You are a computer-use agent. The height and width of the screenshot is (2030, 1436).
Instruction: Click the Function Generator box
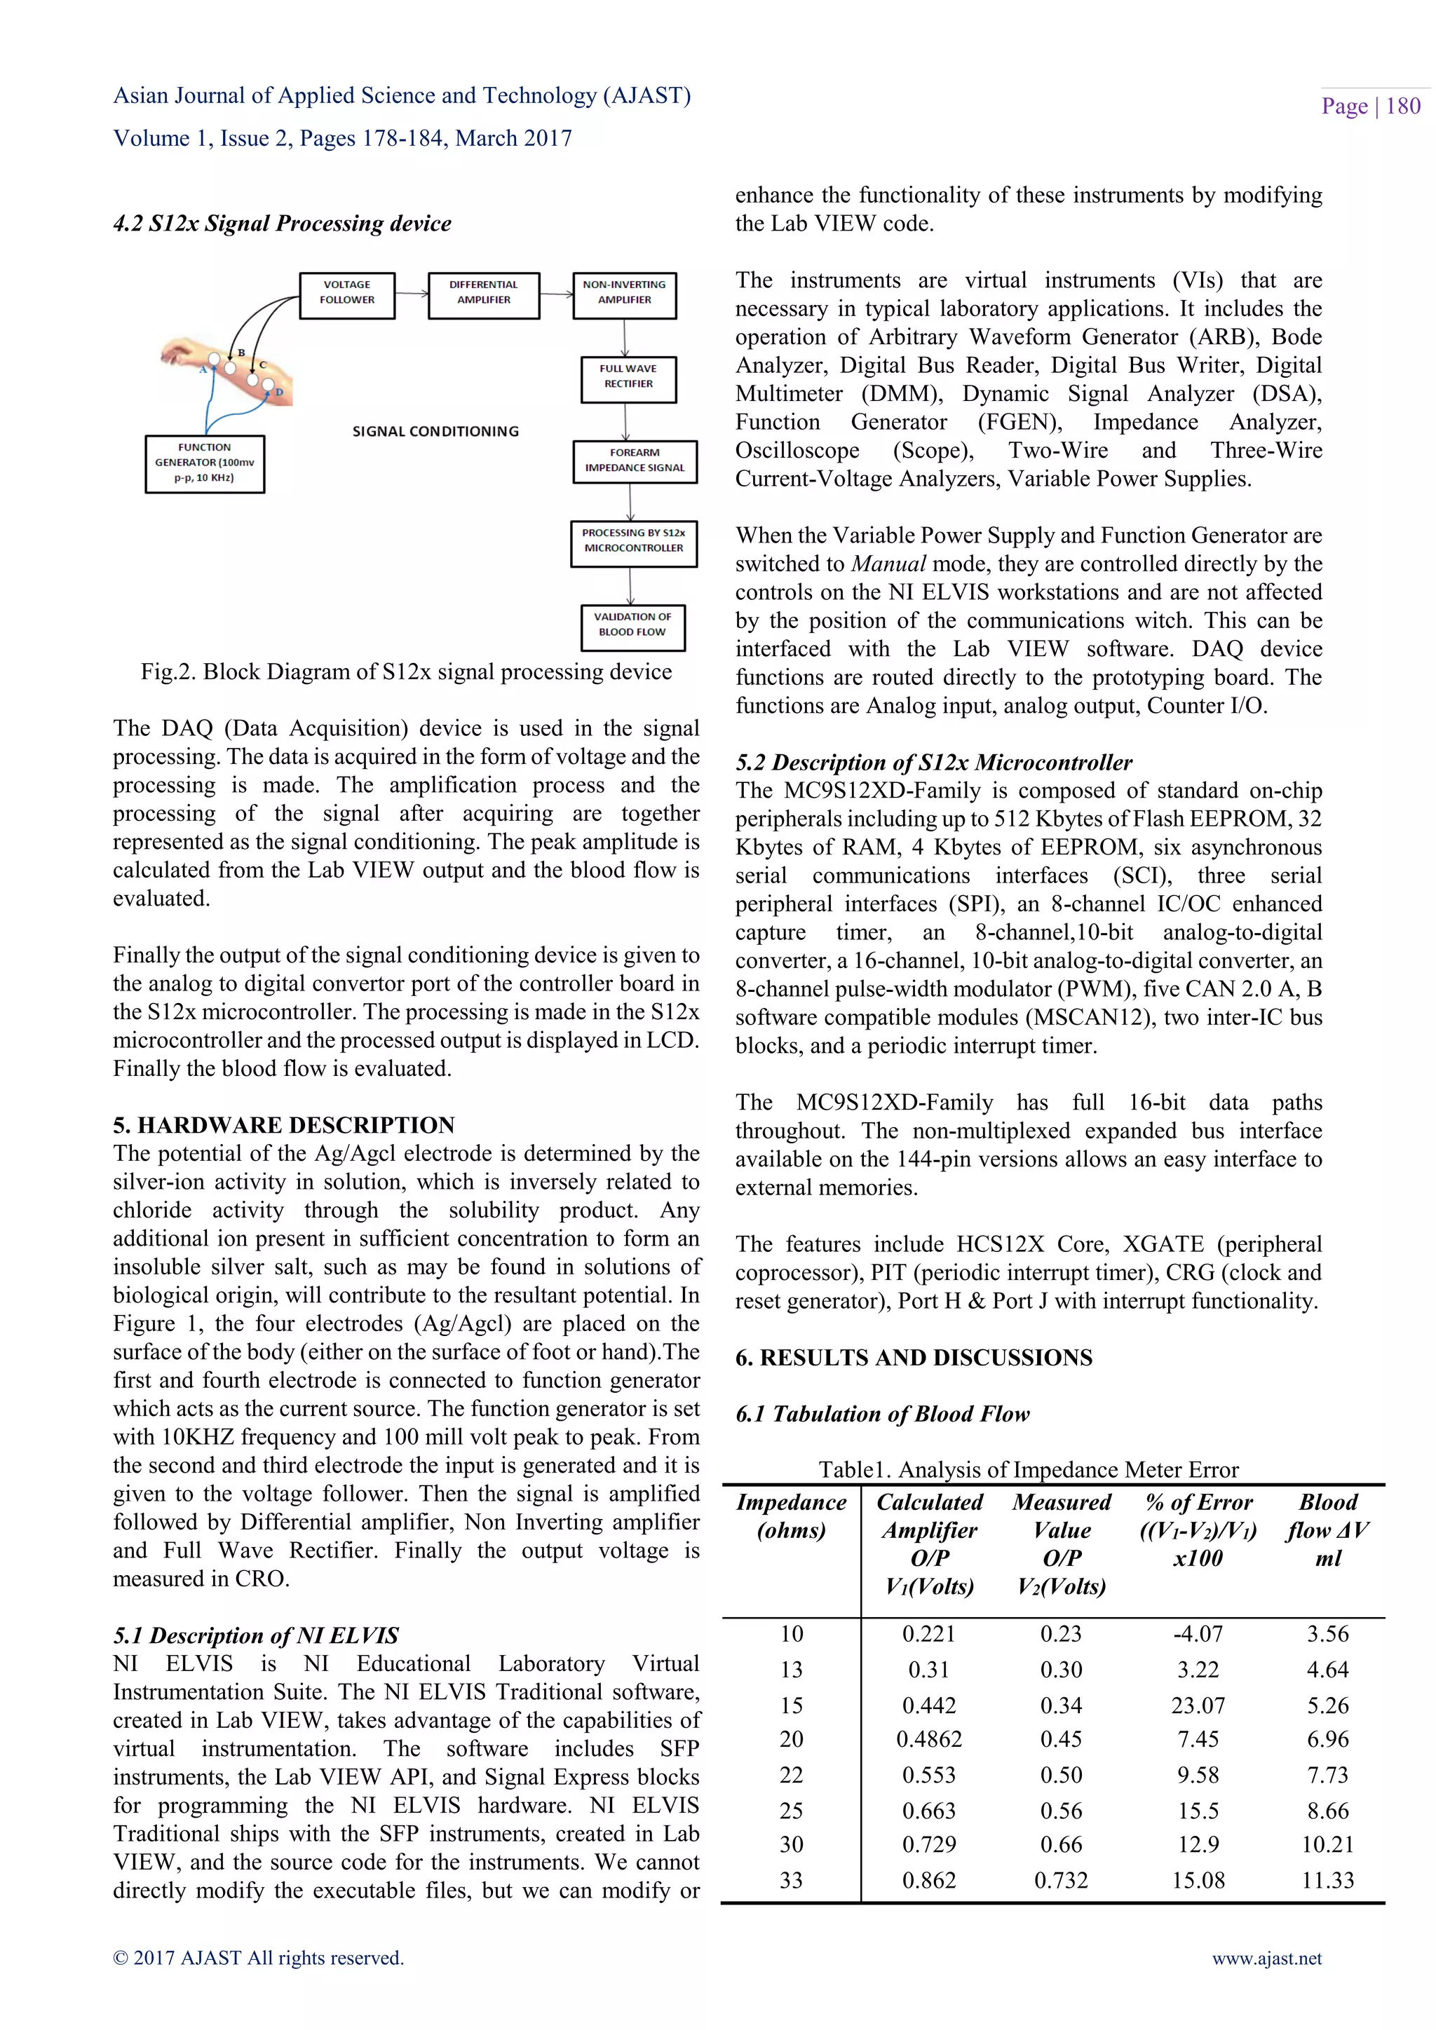[x=204, y=463]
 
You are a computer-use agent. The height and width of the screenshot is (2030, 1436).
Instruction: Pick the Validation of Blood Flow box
[x=632, y=626]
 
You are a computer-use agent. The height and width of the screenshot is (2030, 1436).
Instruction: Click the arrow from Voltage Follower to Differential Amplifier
[x=412, y=292]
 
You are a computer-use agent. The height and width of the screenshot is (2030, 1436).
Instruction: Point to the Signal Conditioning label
[x=436, y=432]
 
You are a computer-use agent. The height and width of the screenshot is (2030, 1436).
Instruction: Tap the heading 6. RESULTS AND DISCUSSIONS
[x=914, y=1357]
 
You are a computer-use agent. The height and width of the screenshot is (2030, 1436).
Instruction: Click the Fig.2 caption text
[x=406, y=672]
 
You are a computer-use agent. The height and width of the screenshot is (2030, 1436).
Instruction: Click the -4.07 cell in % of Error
[x=1198, y=1634]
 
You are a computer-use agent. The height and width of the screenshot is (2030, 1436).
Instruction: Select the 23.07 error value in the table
[x=1198, y=1705]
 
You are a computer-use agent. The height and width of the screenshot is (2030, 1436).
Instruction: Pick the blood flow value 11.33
[x=1327, y=1881]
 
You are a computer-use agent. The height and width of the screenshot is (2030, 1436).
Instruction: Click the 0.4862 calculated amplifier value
[x=928, y=1739]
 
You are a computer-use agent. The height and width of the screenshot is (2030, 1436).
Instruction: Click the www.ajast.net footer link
[x=1266, y=1959]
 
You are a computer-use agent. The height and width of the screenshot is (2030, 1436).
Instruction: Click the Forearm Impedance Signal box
[x=634, y=461]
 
